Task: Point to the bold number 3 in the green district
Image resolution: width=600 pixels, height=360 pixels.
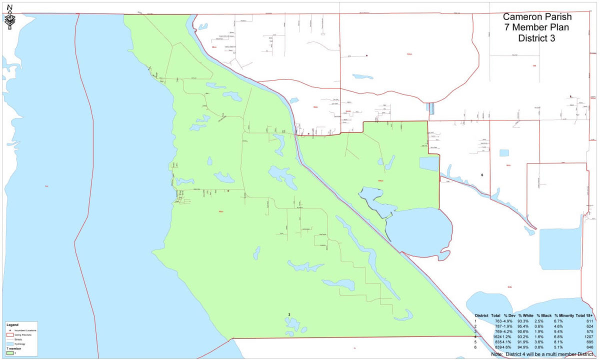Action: tap(289, 314)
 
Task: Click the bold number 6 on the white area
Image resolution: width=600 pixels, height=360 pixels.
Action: tap(482, 174)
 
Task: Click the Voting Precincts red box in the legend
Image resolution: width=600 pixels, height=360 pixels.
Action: tap(9, 334)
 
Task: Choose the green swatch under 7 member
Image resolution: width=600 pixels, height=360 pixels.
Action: tap(9, 352)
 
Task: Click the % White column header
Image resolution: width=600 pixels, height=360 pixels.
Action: tap(525, 315)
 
